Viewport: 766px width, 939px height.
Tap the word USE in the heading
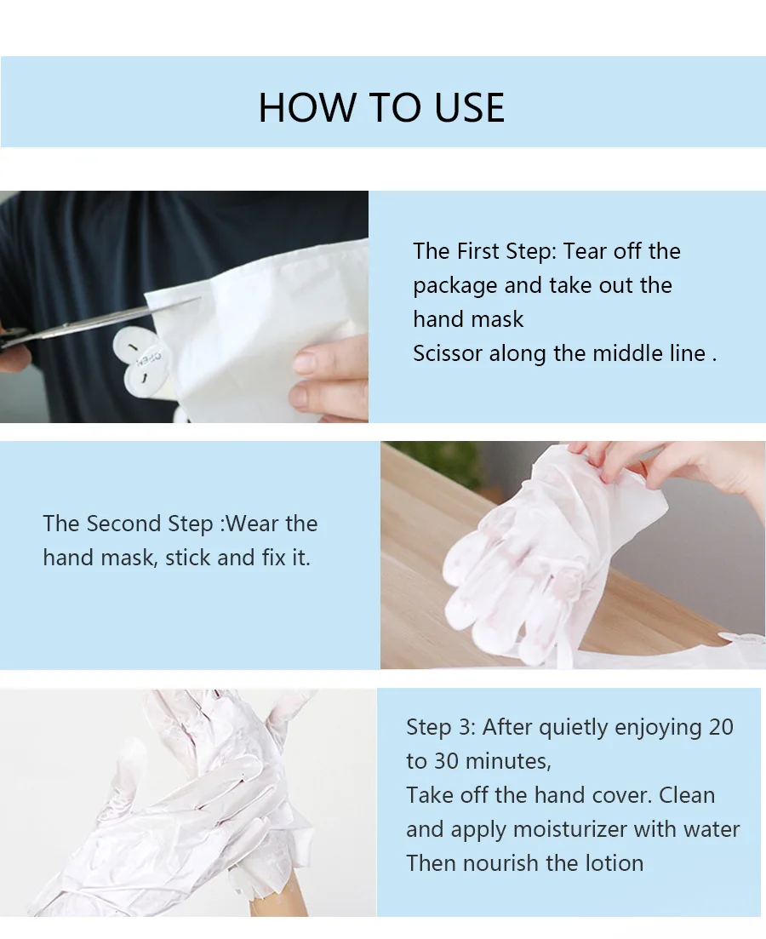pos(469,108)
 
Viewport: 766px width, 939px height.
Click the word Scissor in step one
pos(448,353)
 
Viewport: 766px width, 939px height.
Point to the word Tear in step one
pos(585,251)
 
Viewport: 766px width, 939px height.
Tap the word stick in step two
pos(188,558)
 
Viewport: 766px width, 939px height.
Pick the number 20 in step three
pos(721,727)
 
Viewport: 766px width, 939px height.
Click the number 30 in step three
pos(447,761)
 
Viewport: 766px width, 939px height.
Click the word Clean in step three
pos(687,795)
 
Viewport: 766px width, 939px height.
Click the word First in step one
pos(478,251)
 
